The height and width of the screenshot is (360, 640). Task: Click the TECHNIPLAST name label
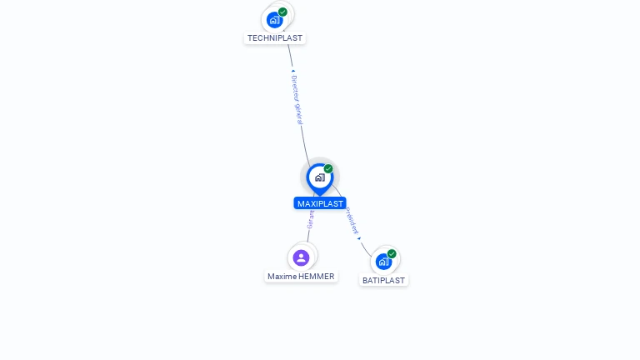[275, 38]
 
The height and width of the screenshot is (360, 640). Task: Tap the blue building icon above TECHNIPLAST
[274, 20]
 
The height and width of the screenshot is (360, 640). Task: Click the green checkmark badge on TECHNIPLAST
[283, 12]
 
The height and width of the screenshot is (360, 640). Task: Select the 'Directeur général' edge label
[297, 100]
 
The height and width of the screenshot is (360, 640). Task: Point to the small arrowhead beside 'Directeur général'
[292, 72]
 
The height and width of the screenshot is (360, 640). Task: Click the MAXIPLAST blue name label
[320, 203]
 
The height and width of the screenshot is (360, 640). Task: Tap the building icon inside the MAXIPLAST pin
[319, 177]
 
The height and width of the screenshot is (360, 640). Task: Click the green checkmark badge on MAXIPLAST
[328, 168]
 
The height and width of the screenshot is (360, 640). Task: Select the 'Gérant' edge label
[310, 218]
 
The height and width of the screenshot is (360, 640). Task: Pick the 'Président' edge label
[352, 220]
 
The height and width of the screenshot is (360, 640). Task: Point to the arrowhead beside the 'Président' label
[359, 237]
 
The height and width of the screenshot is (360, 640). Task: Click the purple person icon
[302, 257]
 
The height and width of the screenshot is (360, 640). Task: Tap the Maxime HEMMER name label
[301, 277]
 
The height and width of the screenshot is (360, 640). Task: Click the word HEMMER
[317, 277]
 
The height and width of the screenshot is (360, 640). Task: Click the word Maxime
[282, 277]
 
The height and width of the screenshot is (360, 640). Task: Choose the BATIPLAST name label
[383, 281]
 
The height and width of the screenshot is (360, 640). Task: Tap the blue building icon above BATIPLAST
[383, 262]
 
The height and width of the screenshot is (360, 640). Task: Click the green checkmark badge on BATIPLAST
[392, 253]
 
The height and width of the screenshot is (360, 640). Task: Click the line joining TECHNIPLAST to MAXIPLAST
[303, 133]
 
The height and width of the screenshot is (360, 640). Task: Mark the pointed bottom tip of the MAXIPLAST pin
[319, 195]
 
